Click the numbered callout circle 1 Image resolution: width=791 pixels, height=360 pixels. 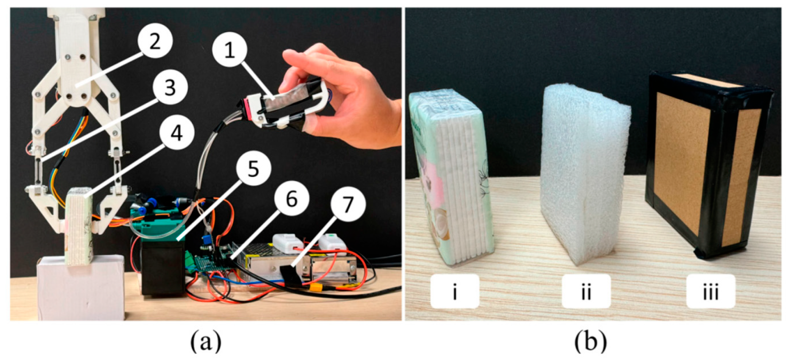coord(230,50)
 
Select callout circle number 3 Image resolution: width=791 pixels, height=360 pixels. coord(170,87)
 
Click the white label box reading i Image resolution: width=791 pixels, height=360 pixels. coord(454,291)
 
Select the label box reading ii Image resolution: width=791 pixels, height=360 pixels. coord(586,291)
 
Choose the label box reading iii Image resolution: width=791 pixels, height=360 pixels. coord(711,291)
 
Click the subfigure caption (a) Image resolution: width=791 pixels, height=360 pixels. coord(206,343)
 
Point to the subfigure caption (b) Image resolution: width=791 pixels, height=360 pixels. coord(591,343)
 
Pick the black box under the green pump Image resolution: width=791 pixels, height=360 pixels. coord(163,267)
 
